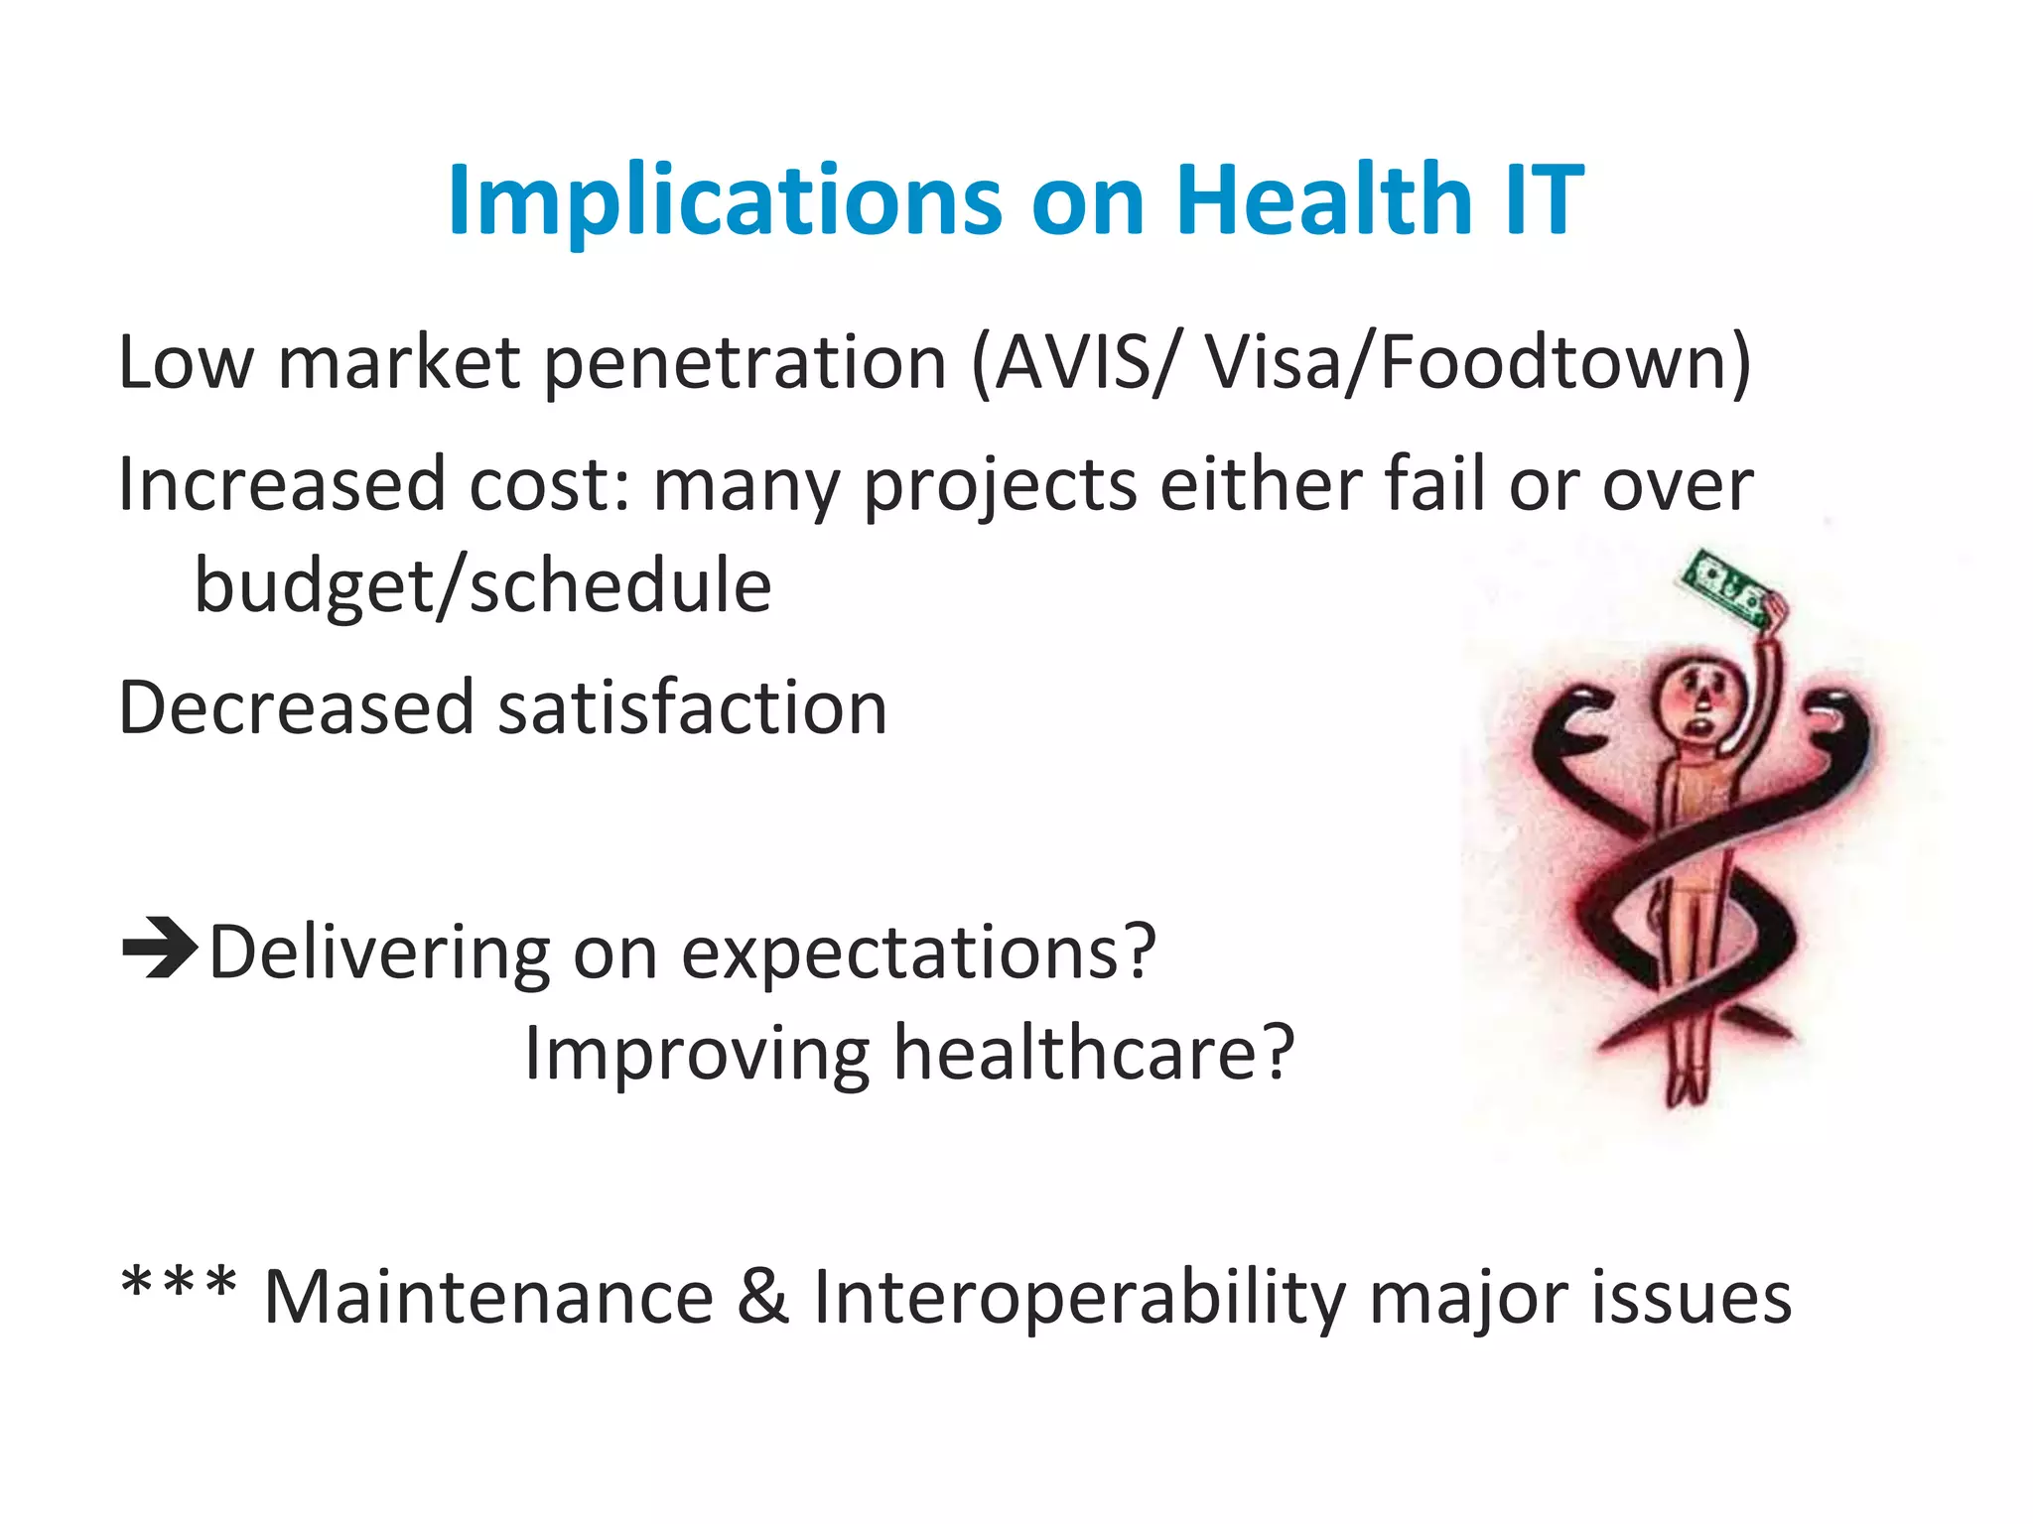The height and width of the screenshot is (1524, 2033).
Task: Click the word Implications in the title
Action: pos(725,201)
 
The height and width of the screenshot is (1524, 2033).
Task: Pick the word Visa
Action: pos(1271,362)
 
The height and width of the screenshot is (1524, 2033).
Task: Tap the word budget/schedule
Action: pos(482,586)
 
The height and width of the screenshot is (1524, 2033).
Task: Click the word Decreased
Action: pos(296,708)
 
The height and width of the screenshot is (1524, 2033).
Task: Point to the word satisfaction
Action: pos(692,708)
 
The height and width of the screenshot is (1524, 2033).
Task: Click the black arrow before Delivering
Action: pos(159,950)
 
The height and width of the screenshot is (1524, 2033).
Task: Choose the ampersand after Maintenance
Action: pos(762,1298)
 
